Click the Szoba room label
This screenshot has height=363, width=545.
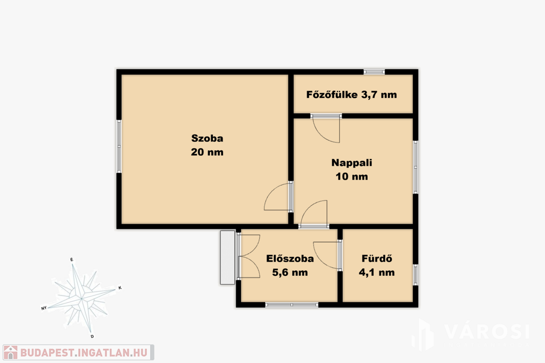[x=207, y=138]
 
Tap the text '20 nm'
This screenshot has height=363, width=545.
[x=207, y=152]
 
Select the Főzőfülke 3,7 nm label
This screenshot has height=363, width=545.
[x=351, y=95]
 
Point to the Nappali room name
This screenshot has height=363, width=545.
[x=352, y=163]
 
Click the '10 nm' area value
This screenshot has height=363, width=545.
[x=352, y=176]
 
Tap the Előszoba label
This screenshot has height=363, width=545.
[x=290, y=258]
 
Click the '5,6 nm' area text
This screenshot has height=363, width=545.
[x=290, y=273]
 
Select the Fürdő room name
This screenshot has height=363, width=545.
[x=377, y=258]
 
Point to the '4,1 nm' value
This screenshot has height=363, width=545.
[x=377, y=273]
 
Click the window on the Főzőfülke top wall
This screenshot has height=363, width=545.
[x=374, y=72]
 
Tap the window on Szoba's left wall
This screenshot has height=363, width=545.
[x=119, y=146]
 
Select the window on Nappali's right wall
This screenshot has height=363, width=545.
[x=415, y=167]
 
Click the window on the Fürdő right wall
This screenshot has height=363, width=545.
[x=415, y=275]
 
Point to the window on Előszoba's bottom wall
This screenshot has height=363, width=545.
[x=292, y=305]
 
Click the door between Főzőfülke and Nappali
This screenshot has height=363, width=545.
[x=326, y=129]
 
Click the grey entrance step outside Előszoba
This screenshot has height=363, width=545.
[x=228, y=257]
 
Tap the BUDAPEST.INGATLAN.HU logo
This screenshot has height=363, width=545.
[x=78, y=352]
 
